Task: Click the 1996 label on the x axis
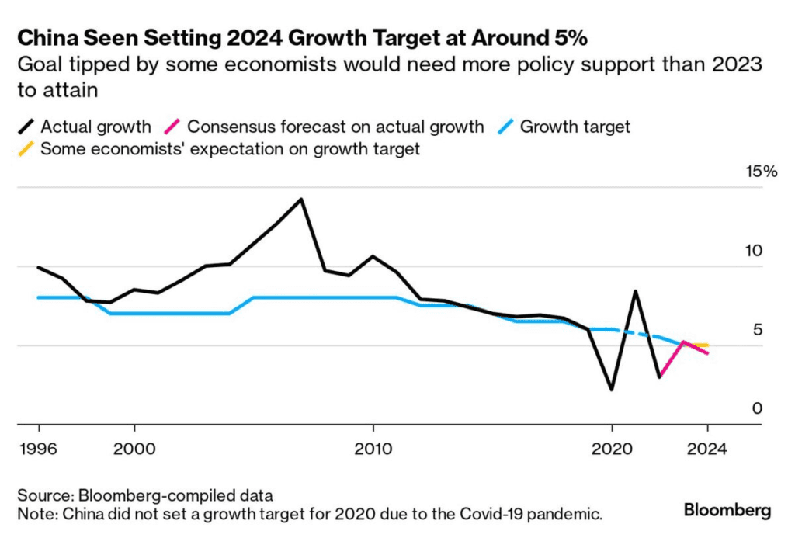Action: (39, 449)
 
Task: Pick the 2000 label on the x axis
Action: (134, 449)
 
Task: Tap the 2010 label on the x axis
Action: (373, 449)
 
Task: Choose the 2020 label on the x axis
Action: (612, 449)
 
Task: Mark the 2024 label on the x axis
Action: (707, 449)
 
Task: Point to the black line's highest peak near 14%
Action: (301, 200)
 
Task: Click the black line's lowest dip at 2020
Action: (612, 389)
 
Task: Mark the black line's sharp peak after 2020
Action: (636, 291)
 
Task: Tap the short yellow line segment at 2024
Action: (702, 345)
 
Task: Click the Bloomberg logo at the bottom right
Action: (727, 510)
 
